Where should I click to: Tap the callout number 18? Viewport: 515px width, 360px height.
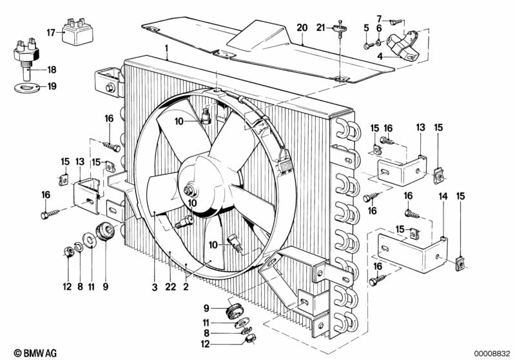tap(52, 70)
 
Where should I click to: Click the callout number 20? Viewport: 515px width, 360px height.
tap(302, 28)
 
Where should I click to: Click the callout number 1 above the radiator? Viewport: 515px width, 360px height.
tap(166, 48)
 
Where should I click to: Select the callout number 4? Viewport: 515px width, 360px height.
tap(380, 57)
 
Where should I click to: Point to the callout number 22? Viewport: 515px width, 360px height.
tap(169, 287)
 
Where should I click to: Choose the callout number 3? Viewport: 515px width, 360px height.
tap(155, 287)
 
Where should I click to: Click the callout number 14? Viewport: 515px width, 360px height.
tap(443, 196)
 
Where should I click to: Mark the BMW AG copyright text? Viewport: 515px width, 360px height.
tap(26, 352)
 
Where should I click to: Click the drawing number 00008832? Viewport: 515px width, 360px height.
tap(492, 352)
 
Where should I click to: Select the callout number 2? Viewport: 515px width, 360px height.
tap(185, 287)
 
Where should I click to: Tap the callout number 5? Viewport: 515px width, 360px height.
tap(366, 28)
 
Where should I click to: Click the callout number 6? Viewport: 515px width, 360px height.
tap(379, 28)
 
